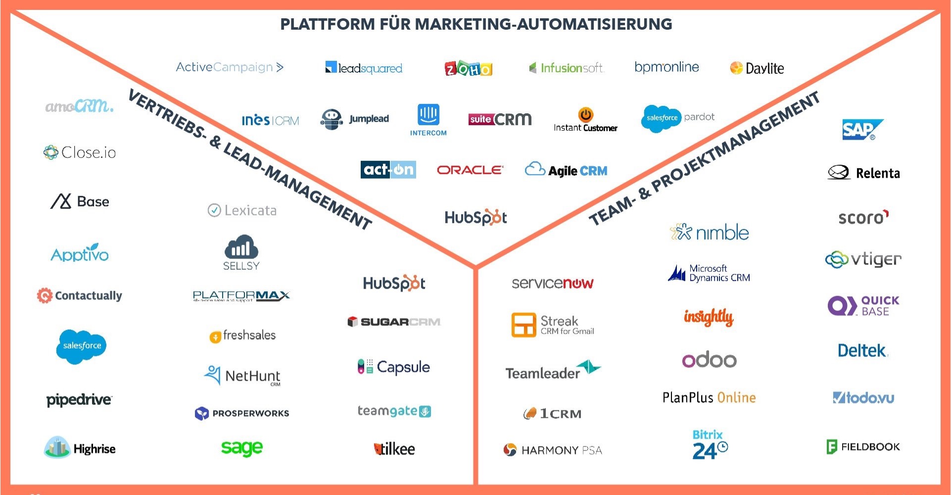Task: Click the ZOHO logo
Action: pos(468,68)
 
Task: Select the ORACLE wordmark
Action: pos(470,170)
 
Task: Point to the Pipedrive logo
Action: pos(79,399)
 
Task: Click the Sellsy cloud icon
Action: pos(241,247)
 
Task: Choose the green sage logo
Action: pos(241,448)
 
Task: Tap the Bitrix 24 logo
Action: pos(709,445)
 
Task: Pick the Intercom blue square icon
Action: pos(428,114)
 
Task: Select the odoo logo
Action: pos(709,360)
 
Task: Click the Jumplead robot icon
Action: pos(332,119)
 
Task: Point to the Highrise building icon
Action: pos(57,447)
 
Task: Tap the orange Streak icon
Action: pos(523,325)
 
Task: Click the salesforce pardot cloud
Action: pos(662,118)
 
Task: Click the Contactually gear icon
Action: pos(45,296)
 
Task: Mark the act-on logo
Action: pos(388,170)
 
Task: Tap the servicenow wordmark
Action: pos(552,283)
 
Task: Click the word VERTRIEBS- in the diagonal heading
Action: pos(166,113)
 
